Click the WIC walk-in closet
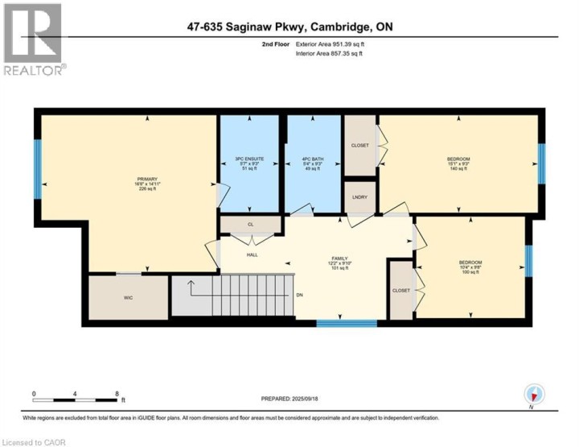[129, 298]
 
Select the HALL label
[252, 255]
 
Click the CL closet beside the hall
[250, 224]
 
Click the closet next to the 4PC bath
[359, 146]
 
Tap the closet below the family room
[400, 290]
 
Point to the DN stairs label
[299, 295]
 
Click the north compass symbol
[535, 395]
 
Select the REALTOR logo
[33, 40]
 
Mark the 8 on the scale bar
[117, 394]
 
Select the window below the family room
[346, 324]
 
